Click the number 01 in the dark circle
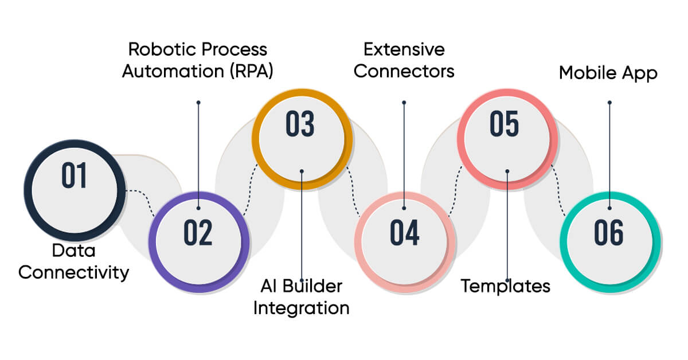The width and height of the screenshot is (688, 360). (75, 175)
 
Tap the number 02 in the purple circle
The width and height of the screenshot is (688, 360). (198, 232)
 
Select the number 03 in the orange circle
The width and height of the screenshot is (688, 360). (300, 124)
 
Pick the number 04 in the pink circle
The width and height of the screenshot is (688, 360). (405, 232)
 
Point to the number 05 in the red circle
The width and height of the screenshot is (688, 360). (505, 124)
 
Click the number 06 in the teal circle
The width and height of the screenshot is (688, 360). (609, 232)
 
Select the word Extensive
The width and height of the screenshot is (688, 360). (404, 50)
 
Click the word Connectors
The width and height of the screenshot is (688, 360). (404, 72)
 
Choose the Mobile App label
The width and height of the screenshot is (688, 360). (608, 74)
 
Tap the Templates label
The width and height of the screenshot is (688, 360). (506, 285)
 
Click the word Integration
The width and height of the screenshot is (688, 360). (302, 308)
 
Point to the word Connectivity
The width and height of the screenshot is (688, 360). (73, 272)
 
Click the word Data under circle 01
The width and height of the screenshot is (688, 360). (73, 251)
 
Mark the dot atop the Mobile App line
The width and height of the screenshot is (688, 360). (609, 103)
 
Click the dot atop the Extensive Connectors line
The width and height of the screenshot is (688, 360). (404, 103)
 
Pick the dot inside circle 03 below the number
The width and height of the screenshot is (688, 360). (302, 170)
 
